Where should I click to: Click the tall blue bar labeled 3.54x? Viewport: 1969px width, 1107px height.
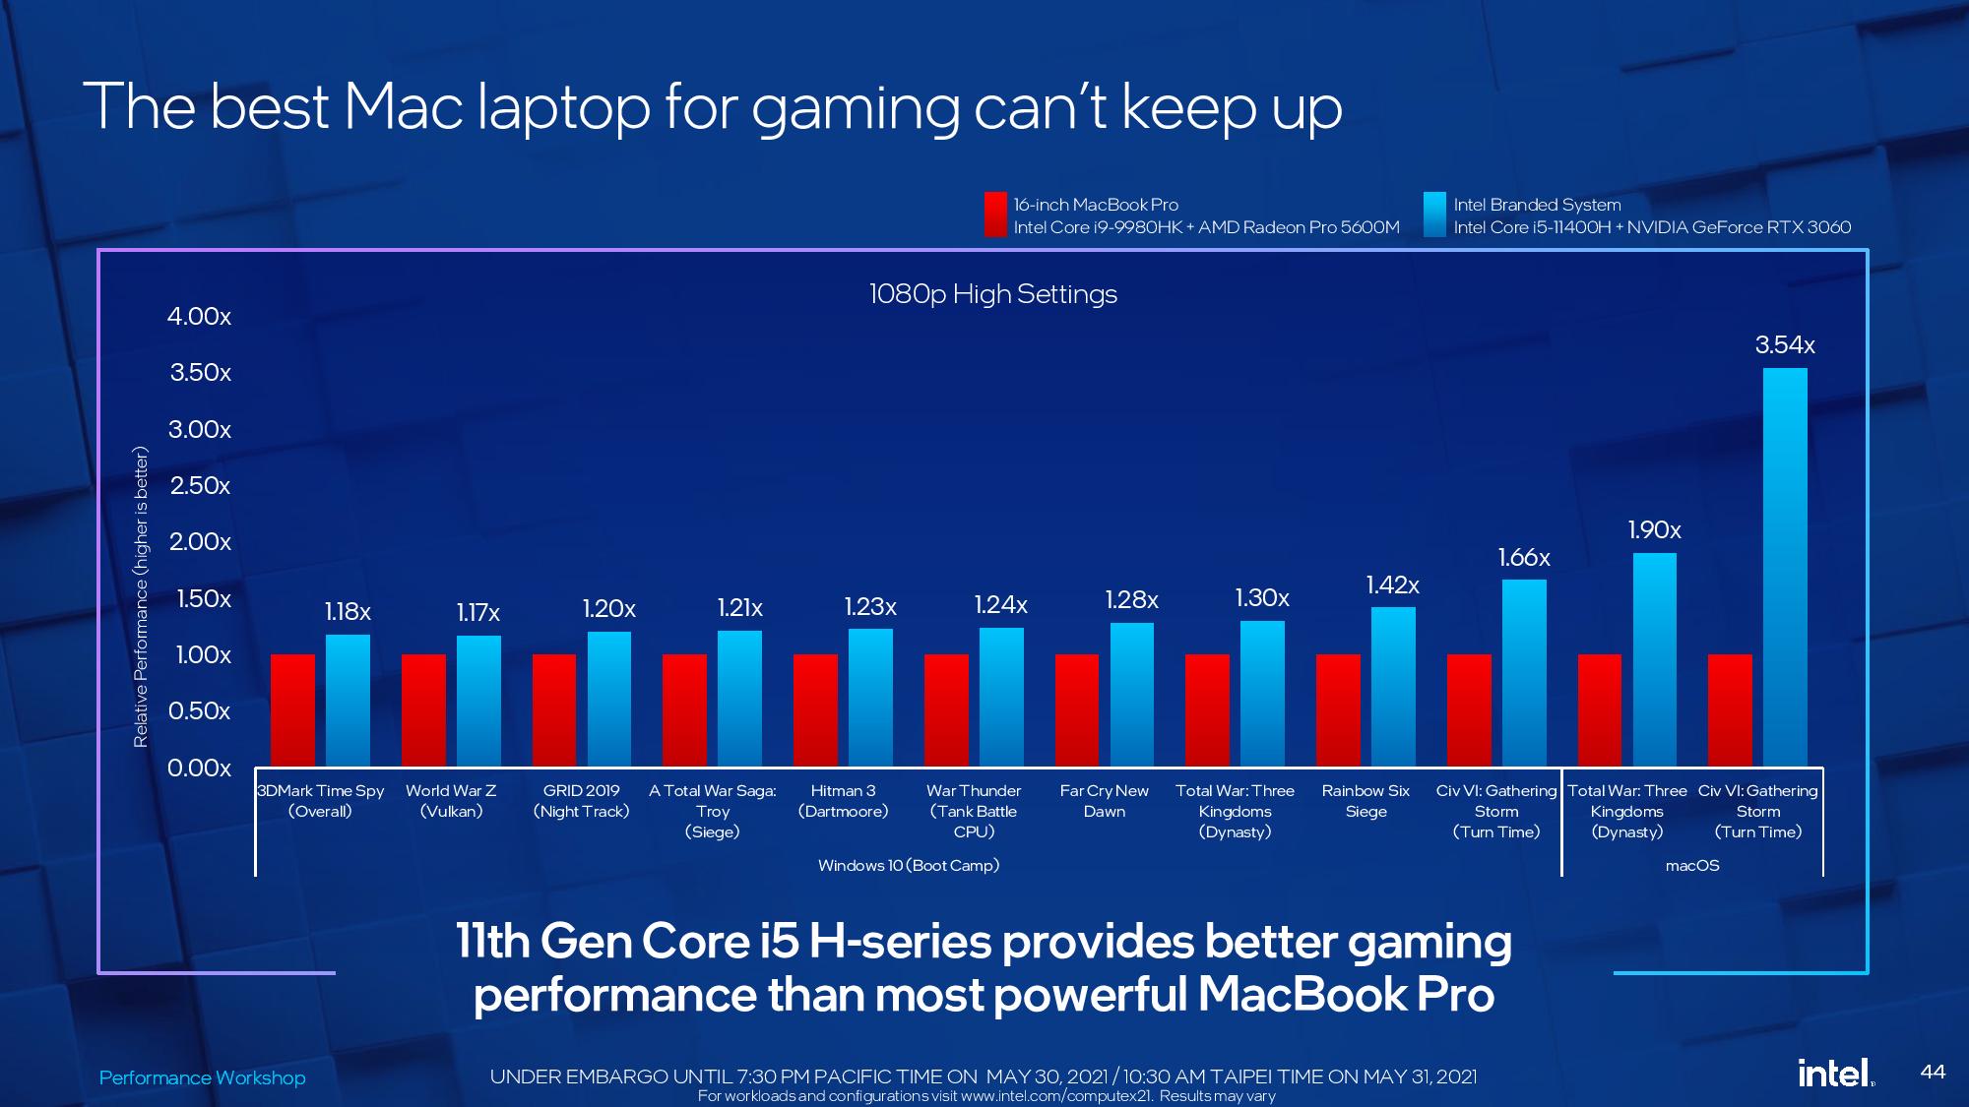tap(1784, 567)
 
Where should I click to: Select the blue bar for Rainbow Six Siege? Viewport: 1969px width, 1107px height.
tap(1393, 687)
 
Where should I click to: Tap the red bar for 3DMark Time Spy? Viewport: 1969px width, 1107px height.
tap(292, 709)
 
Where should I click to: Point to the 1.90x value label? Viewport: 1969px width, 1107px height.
tap(1654, 530)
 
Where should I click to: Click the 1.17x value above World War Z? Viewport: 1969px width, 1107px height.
tap(477, 613)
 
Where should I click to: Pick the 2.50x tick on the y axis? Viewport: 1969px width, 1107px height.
tap(200, 486)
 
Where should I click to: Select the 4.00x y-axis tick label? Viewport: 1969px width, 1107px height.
tap(199, 317)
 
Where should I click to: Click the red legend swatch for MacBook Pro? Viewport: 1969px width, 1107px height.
tap(994, 215)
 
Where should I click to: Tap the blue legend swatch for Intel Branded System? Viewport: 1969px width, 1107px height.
tap(1434, 215)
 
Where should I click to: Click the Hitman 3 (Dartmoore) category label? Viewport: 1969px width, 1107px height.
tap(843, 801)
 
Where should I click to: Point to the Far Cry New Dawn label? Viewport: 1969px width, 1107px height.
tap(1104, 801)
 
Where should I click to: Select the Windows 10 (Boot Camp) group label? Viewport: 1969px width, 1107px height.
tap(908, 866)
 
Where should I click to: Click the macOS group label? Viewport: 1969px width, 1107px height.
tap(1691, 866)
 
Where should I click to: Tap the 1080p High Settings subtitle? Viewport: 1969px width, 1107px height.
tap(992, 294)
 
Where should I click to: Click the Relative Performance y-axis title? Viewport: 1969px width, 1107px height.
tap(141, 596)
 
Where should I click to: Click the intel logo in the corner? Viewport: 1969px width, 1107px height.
tap(1833, 1073)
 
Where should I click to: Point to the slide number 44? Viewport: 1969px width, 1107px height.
tap(1933, 1072)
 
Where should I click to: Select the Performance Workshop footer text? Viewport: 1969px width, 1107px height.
tap(202, 1077)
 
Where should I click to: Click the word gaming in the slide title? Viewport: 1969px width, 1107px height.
tap(855, 108)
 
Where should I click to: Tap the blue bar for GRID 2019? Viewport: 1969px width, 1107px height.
tap(608, 699)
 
